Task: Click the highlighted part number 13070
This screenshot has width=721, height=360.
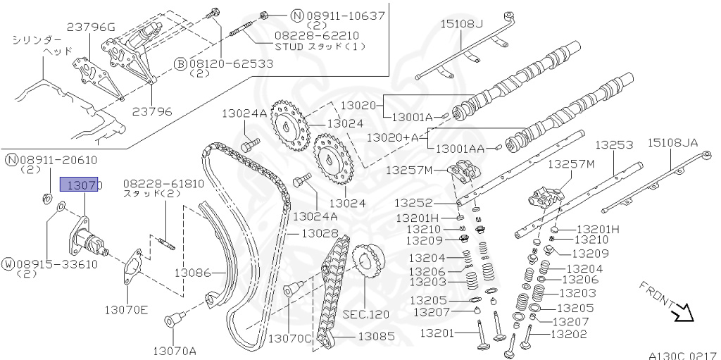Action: [82, 185]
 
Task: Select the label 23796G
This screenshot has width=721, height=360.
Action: [91, 27]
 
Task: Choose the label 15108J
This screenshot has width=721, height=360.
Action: [462, 24]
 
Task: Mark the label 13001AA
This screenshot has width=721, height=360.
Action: [460, 149]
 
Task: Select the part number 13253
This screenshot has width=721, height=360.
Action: [614, 144]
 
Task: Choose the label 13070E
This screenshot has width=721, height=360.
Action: [127, 309]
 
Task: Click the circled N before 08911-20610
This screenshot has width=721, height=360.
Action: [11, 159]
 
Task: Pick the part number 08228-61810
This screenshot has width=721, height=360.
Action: [163, 183]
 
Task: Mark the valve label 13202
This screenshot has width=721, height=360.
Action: [568, 335]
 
